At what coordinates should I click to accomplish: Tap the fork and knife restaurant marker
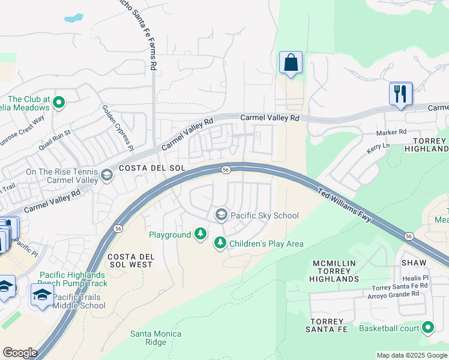(x=400, y=94)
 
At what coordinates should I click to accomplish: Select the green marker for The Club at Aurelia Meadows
(x=59, y=103)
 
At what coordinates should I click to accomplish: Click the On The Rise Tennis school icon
(x=107, y=175)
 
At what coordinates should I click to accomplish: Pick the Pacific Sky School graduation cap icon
(x=221, y=215)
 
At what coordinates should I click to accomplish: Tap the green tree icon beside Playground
(x=200, y=235)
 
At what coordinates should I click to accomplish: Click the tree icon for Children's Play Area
(x=220, y=243)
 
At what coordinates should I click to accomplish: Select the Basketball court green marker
(x=428, y=328)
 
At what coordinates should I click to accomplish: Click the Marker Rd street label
(x=391, y=132)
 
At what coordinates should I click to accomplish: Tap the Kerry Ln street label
(x=378, y=146)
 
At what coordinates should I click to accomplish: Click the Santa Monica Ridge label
(x=148, y=338)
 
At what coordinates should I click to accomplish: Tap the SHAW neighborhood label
(x=414, y=263)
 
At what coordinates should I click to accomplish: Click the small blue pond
(x=74, y=18)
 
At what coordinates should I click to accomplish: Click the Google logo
(x=20, y=353)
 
